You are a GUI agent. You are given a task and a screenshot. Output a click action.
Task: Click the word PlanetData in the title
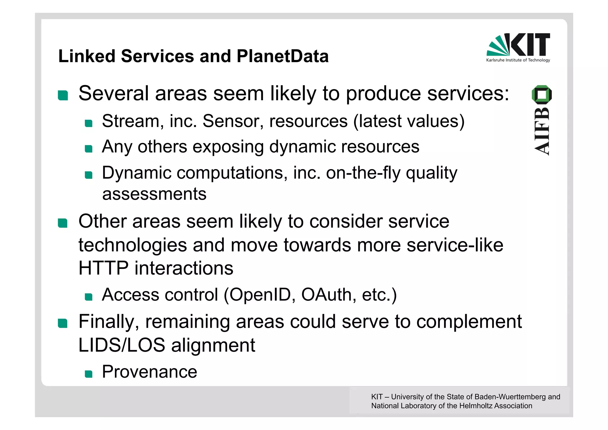[282, 56]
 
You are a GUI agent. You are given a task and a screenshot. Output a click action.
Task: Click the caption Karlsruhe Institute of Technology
[518, 60]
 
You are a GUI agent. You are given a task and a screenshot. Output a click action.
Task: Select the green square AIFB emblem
[541, 94]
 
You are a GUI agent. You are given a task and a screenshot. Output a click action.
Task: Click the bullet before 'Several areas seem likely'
[63, 95]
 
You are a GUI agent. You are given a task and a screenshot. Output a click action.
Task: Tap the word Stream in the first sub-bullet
[131, 121]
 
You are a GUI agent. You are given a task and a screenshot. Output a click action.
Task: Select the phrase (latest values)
[409, 121]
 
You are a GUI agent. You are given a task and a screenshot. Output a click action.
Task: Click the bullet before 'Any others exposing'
[88, 149]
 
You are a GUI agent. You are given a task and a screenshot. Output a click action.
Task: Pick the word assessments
[154, 194]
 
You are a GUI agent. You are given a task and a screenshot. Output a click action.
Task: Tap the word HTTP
[103, 268]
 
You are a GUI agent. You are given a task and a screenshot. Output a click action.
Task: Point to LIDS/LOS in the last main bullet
[121, 345]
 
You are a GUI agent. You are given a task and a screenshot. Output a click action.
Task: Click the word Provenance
[149, 372]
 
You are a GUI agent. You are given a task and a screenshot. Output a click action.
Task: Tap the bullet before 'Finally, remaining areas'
[63, 323]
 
